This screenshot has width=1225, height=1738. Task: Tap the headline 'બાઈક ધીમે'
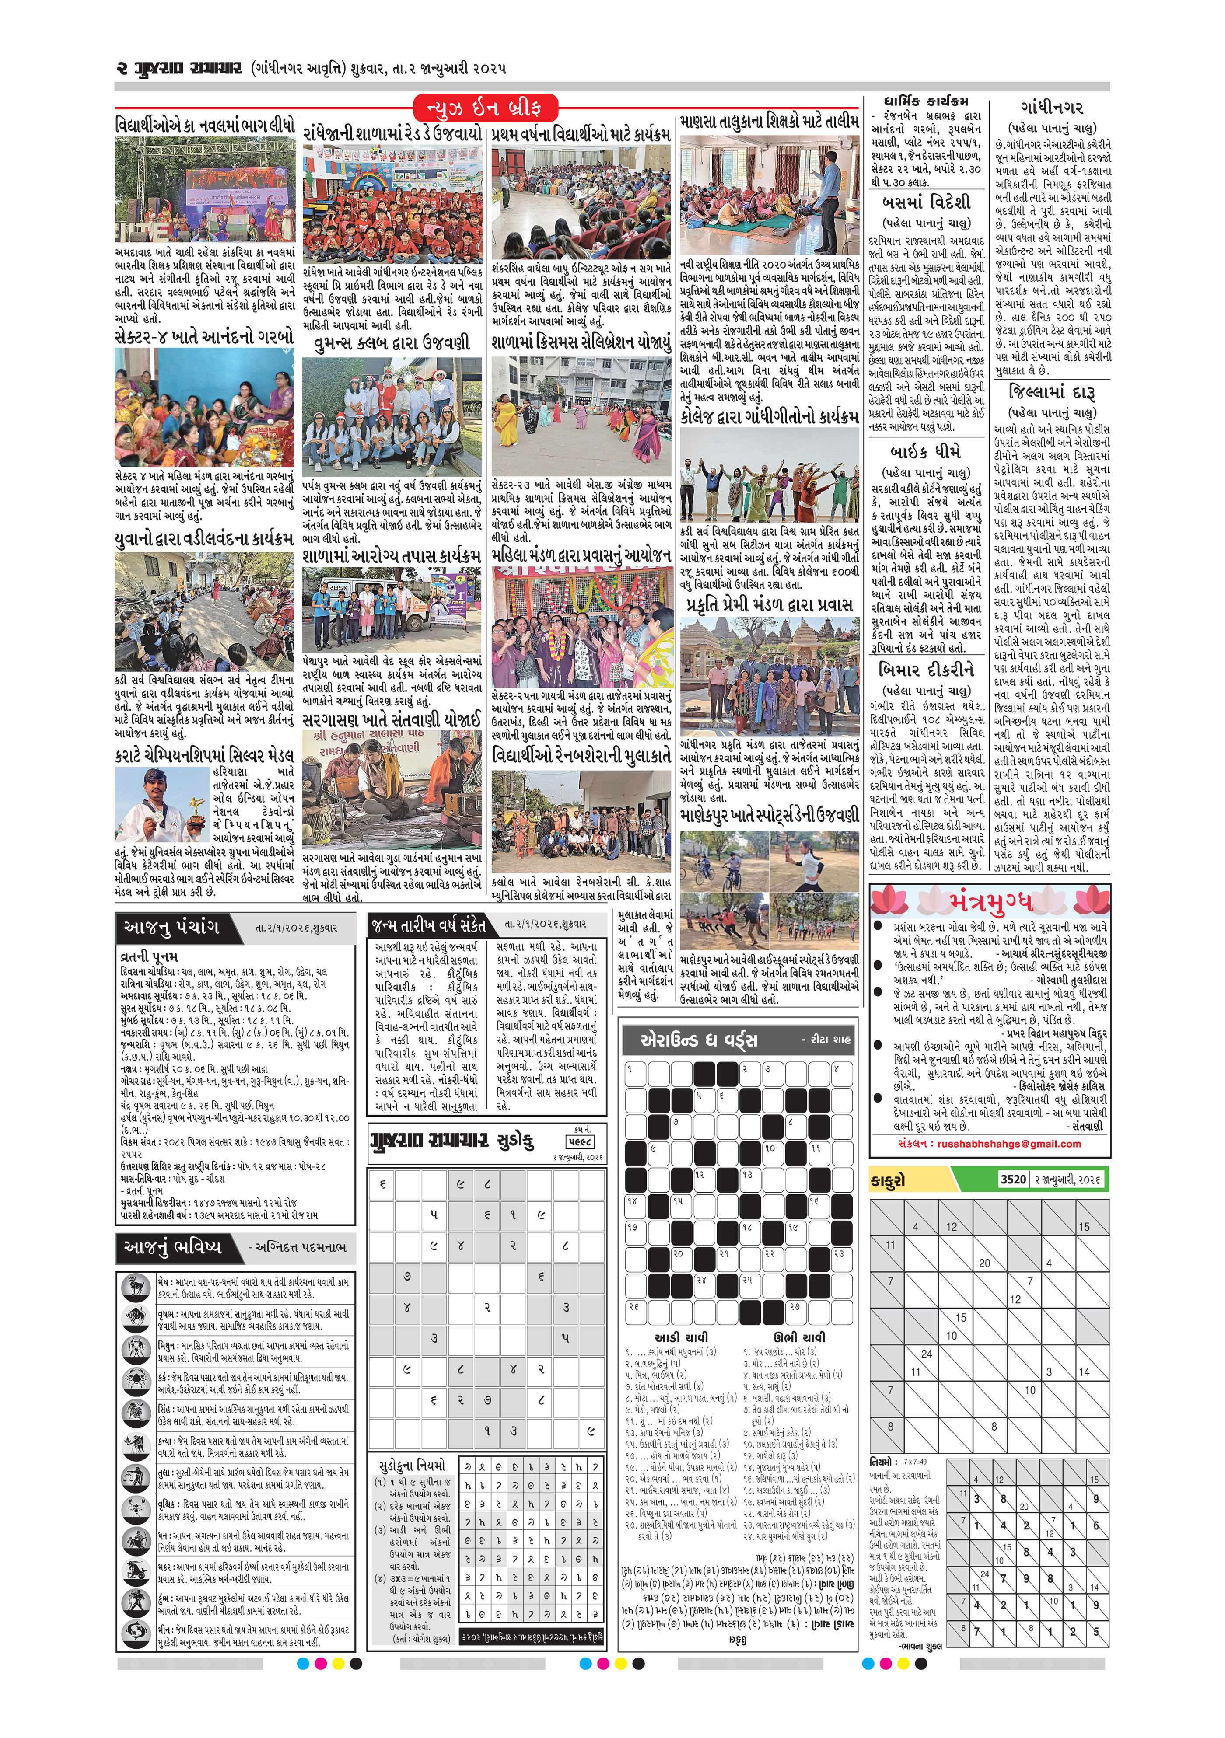pos(926,451)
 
